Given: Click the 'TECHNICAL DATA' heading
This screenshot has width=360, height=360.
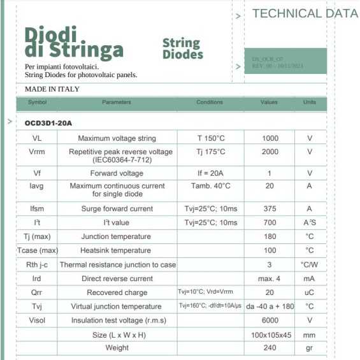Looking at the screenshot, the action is [x=305, y=13].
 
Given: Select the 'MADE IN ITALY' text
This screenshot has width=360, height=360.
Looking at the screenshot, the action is [x=52, y=89].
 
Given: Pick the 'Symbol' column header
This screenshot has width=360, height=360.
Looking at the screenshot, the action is [x=37, y=103].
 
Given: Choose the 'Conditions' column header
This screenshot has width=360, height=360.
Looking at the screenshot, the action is [x=210, y=103].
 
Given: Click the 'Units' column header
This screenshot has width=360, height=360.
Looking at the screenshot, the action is [x=310, y=103].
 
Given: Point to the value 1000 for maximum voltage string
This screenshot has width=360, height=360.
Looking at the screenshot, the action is [x=270, y=138].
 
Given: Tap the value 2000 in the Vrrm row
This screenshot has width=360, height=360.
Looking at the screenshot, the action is [x=270, y=152].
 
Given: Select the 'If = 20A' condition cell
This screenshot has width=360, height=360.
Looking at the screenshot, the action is [x=210, y=173].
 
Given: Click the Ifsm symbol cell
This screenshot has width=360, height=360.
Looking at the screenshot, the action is [x=37, y=209].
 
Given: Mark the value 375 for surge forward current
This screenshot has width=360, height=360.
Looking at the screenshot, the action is [x=270, y=209].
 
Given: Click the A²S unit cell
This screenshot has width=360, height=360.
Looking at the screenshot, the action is [x=310, y=223].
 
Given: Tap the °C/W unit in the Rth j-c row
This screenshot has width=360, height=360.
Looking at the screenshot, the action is [x=310, y=265].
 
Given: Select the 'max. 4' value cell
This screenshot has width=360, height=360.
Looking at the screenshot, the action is [x=270, y=279].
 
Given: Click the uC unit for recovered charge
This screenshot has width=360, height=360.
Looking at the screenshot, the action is [x=310, y=293].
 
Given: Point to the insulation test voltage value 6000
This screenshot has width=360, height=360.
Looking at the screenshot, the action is [x=270, y=320].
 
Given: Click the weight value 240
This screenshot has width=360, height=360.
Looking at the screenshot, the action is [x=270, y=349].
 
